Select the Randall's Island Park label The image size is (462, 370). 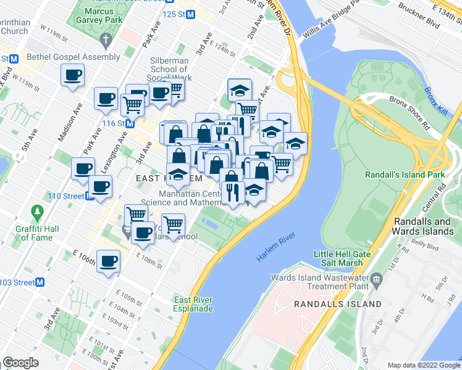point(405,175)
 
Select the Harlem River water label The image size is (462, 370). point(275,247)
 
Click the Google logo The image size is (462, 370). point(20,363)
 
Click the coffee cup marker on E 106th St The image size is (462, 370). point(109,261)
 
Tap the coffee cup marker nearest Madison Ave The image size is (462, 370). point(72,76)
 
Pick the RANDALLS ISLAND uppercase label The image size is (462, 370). point(338,304)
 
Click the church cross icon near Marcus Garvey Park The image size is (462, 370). point(106,42)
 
